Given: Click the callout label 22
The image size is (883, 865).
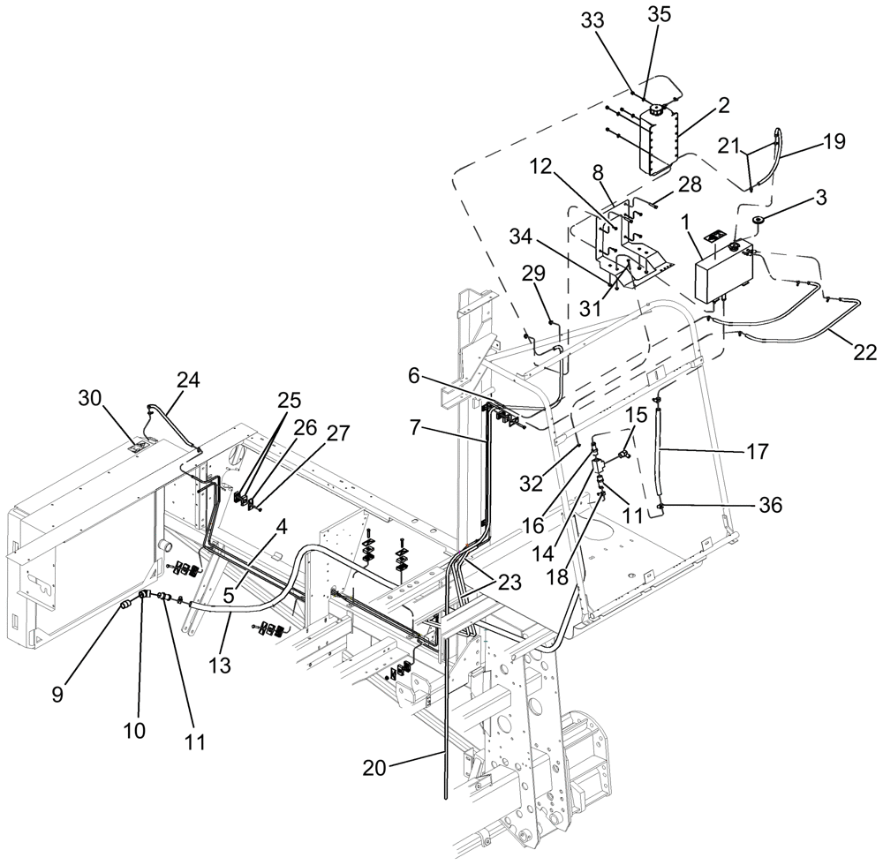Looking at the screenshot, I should pos(864,352).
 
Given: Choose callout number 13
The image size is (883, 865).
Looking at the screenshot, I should pos(222,664).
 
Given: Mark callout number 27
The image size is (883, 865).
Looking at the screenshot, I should pos(338,432).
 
